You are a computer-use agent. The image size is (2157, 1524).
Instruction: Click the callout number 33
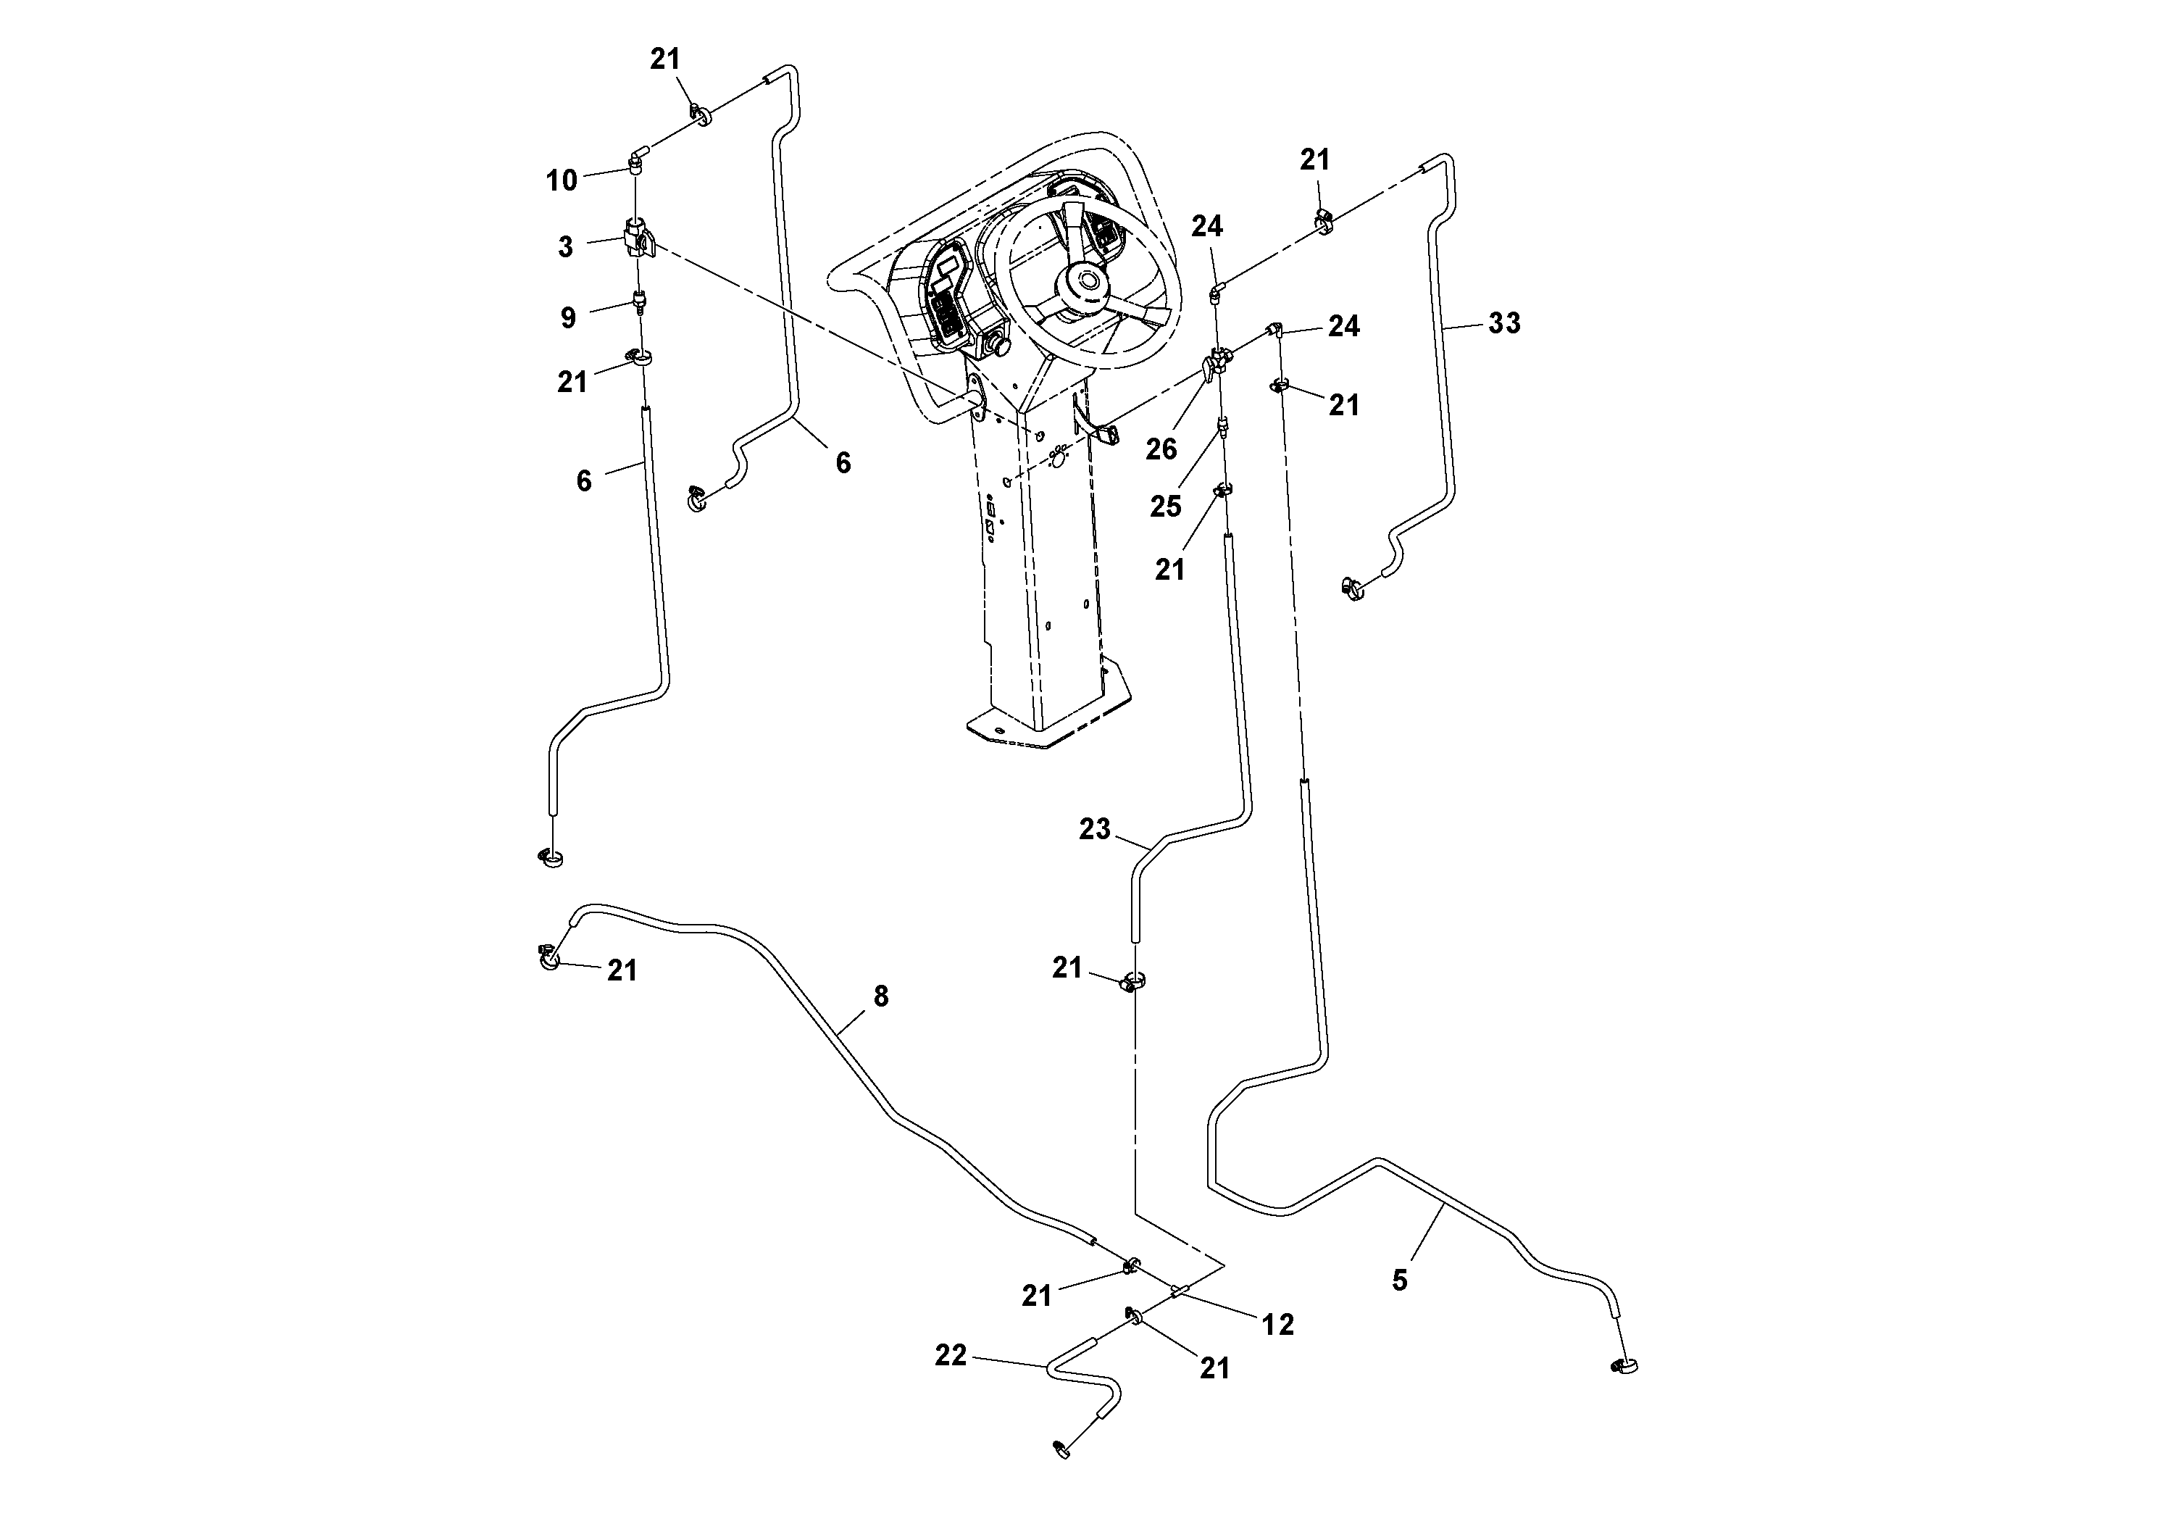(1504, 323)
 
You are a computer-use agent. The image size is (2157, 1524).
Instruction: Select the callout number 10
(562, 180)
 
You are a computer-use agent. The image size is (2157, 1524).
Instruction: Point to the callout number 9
(567, 317)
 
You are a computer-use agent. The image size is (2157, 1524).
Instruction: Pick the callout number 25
(1165, 507)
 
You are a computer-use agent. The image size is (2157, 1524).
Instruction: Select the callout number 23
(1095, 829)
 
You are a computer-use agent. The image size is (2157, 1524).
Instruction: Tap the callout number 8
(880, 996)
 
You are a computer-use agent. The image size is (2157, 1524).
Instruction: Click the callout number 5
(1400, 1281)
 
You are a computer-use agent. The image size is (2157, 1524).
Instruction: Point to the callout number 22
(951, 1355)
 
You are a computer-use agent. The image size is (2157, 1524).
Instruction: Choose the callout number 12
(1277, 1324)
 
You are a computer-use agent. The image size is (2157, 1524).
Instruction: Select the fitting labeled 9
(640, 301)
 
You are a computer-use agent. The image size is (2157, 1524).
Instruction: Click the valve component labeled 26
(1215, 362)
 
